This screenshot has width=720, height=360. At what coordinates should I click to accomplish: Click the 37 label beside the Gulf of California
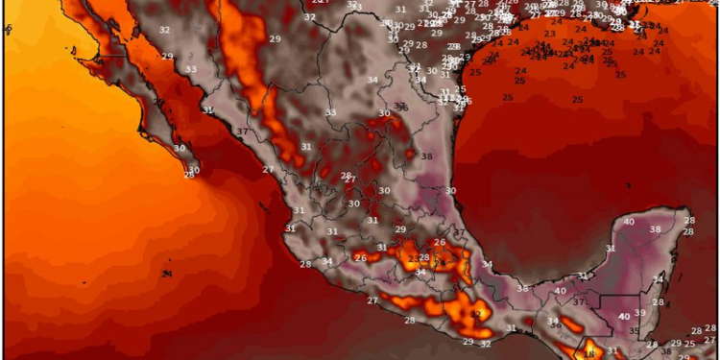(x=242, y=131)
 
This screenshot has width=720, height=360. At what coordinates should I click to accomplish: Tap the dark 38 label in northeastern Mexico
(x=426, y=156)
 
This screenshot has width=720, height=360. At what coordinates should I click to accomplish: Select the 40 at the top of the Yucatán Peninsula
(x=629, y=222)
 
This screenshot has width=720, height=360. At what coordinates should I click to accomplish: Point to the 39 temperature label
(x=639, y=314)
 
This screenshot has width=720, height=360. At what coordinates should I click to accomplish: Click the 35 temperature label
(x=633, y=331)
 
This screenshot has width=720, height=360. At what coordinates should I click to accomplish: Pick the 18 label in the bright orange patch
(x=589, y=354)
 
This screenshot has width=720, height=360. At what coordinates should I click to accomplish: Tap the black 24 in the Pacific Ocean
(x=167, y=274)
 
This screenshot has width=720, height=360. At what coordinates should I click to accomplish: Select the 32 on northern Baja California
(x=164, y=30)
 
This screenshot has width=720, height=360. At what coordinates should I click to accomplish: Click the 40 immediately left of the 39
(x=623, y=316)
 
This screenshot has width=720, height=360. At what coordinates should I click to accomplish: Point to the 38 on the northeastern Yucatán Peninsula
(x=655, y=229)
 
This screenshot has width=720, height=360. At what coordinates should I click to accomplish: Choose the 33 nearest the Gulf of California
(x=191, y=69)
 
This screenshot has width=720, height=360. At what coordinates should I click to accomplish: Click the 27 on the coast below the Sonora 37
(x=268, y=169)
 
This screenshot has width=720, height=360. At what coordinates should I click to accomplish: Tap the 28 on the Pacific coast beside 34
(x=305, y=264)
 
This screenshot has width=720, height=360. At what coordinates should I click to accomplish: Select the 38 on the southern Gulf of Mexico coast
(x=521, y=288)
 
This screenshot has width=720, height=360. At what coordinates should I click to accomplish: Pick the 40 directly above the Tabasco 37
(x=560, y=291)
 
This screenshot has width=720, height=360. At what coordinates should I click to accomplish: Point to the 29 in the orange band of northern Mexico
(x=275, y=38)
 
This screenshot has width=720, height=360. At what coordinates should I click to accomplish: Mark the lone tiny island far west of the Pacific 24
(x=8, y=30)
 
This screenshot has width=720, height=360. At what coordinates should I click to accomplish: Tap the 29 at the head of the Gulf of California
(x=167, y=57)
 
